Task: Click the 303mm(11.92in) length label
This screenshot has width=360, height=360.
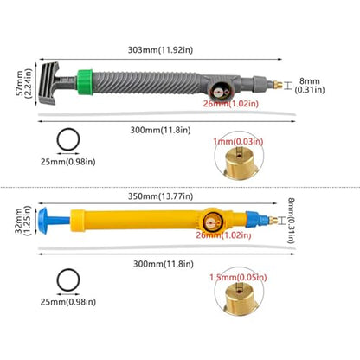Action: click(x=160, y=50)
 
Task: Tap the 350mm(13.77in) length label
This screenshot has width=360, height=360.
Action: click(x=161, y=196)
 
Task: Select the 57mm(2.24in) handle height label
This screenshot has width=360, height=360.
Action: click(x=24, y=83)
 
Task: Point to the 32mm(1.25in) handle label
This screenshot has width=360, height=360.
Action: click(x=23, y=221)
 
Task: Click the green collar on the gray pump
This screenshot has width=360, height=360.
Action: click(x=85, y=82)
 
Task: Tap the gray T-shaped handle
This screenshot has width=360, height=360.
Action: click(x=52, y=83)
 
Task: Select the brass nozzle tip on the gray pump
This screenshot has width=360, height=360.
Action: click(x=278, y=86)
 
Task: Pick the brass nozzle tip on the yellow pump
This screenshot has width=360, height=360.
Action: click(x=273, y=221)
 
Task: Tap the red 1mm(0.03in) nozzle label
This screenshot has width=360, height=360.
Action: click(x=238, y=142)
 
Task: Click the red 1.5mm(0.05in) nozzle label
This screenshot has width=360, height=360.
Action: click(x=238, y=278)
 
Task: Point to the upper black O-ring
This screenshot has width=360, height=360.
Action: click(x=68, y=139)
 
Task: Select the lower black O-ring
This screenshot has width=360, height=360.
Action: click(x=68, y=280)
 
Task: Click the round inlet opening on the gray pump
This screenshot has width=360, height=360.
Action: click(x=219, y=92)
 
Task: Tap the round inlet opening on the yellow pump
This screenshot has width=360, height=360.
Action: click(x=212, y=222)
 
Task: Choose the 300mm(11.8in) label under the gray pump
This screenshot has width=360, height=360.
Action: click(x=160, y=130)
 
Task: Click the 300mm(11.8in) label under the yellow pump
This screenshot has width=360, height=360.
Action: click(x=164, y=264)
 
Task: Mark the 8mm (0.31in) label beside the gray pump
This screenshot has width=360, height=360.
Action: click(x=310, y=86)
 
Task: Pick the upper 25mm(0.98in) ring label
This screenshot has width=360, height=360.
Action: click(x=68, y=162)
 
